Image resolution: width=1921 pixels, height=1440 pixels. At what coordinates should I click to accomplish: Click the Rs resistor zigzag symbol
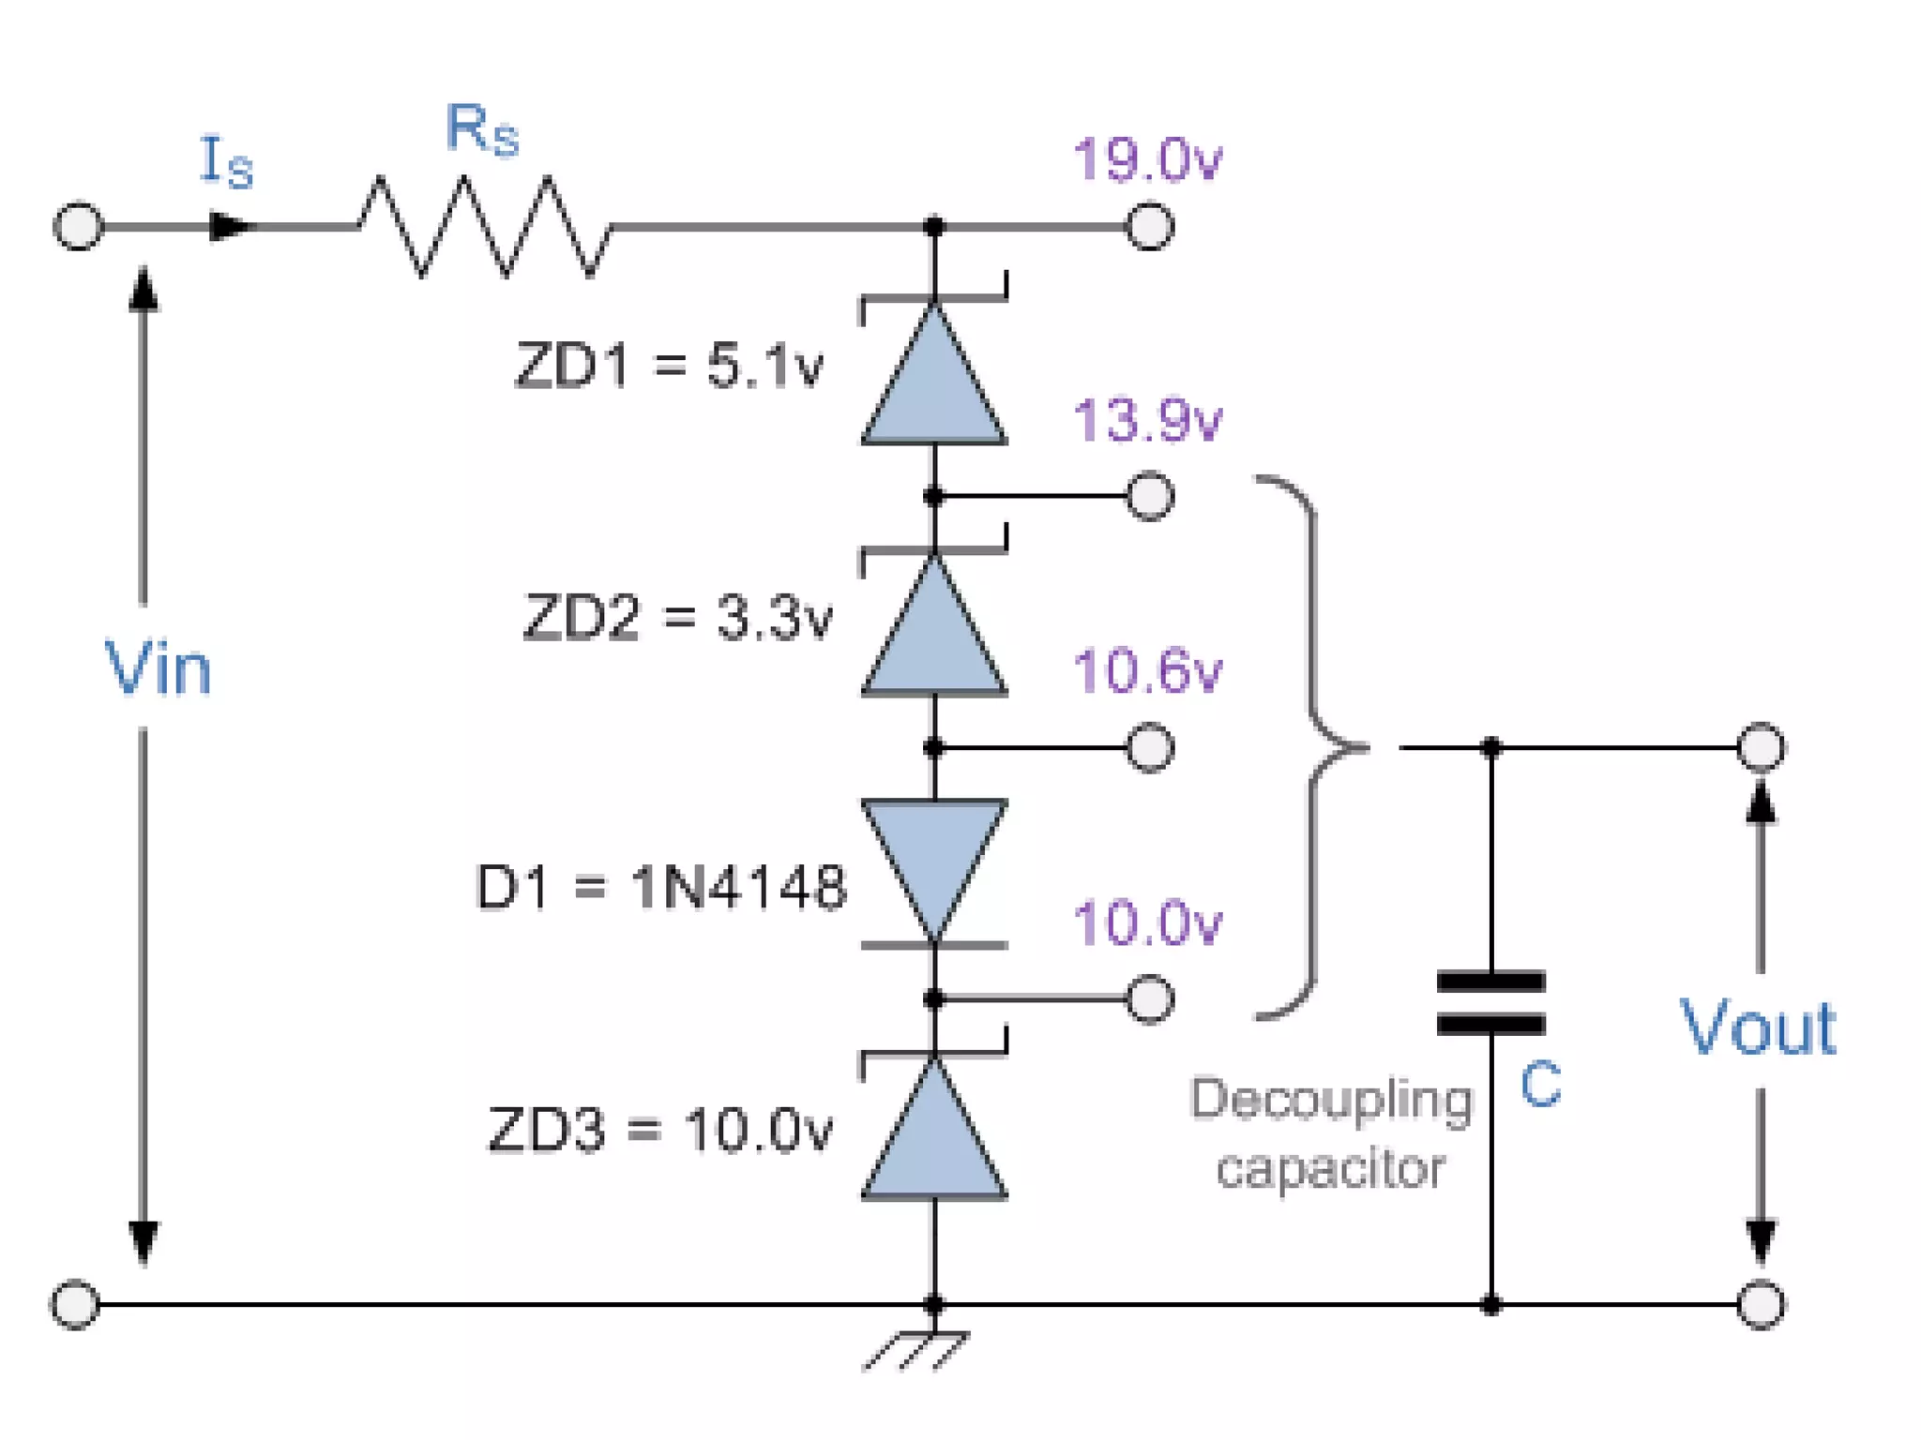[x=483, y=227]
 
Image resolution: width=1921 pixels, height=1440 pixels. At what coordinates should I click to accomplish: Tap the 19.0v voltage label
[x=1146, y=159]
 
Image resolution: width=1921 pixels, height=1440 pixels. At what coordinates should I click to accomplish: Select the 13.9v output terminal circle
[x=1149, y=496]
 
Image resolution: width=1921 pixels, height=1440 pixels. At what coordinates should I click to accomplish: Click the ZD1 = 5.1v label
[x=669, y=366]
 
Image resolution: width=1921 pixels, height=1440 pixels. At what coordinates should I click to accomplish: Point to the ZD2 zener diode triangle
[x=934, y=628]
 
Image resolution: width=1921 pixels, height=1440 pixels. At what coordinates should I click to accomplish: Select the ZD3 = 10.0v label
[x=659, y=1130]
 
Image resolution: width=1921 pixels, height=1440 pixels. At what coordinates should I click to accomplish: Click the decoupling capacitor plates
[x=1490, y=1003]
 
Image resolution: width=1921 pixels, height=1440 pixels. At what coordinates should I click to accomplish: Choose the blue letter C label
[x=1540, y=1085]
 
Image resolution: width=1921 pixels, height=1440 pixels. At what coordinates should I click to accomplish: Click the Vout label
[x=1757, y=1028]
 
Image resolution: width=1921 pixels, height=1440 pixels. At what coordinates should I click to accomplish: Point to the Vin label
[x=158, y=668]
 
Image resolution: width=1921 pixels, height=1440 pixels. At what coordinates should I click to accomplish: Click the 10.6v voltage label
[x=1146, y=671]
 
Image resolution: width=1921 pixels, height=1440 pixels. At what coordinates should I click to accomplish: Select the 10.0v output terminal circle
[x=1149, y=998]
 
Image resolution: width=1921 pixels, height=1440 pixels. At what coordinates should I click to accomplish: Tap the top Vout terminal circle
[x=1760, y=747]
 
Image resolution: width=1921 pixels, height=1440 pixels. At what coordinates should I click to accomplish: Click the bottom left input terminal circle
[x=75, y=1304]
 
